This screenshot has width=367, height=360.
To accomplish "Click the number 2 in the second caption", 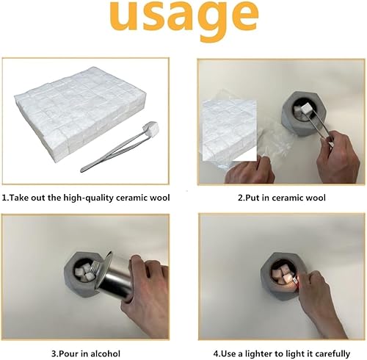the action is [240, 198].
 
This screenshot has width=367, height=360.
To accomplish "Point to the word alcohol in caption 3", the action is [105, 353].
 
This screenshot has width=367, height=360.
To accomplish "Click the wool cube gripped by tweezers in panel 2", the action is [306, 108].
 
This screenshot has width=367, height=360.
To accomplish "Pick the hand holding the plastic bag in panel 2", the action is [250, 170].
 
